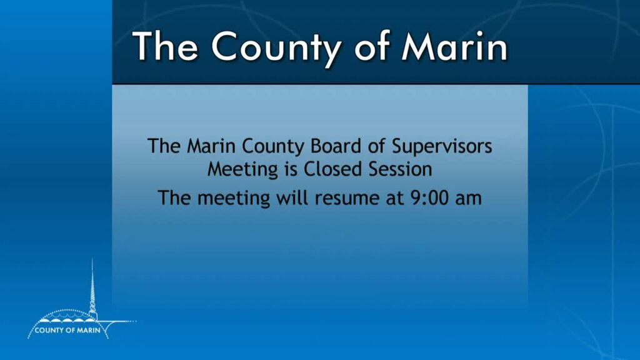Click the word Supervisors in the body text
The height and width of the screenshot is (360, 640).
coord(442,147)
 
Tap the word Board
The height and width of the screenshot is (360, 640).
coord(336,146)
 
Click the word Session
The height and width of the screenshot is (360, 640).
coord(401,169)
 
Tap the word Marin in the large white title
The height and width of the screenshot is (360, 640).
coord(454,46)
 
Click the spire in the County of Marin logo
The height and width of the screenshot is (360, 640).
coord(92,287)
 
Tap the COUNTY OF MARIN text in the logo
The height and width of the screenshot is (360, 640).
coord(67,330)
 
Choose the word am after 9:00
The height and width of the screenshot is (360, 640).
coord(468,199)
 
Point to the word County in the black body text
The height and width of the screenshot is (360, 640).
coord(273,147)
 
